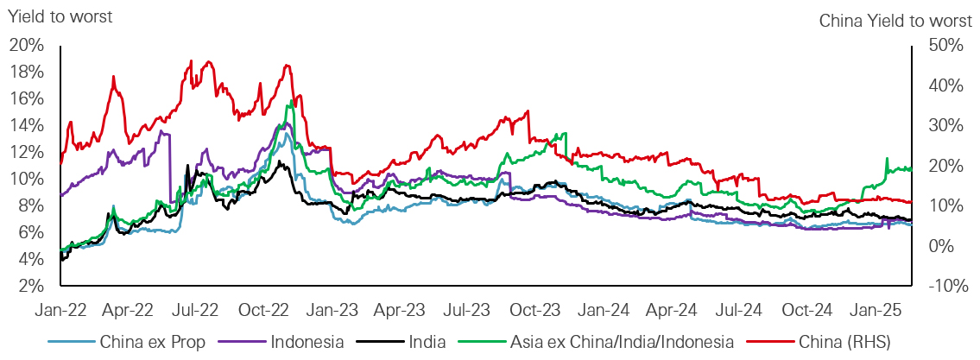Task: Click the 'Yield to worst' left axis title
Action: [x=60, y=15]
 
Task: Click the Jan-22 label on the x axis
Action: [x=60, y=307]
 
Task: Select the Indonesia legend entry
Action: [x=307, y=342]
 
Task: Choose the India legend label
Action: [x=427, y=342]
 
